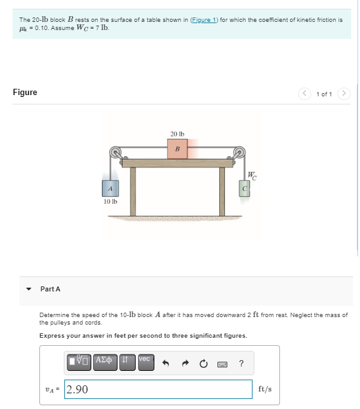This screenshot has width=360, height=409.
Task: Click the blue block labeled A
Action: [110, 188]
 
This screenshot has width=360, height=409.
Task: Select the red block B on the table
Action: [177, 149]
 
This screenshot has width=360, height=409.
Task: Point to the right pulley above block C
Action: [239, 152]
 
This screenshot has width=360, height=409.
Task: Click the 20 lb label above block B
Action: [177, 134]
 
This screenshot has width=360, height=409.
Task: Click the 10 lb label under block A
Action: [110, 201]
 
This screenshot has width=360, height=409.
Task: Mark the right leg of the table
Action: [222, 191]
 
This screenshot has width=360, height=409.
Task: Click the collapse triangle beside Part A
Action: [28, 289]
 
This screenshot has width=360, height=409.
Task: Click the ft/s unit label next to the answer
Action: [264, 389]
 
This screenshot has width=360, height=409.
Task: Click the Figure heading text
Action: [25, 93]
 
